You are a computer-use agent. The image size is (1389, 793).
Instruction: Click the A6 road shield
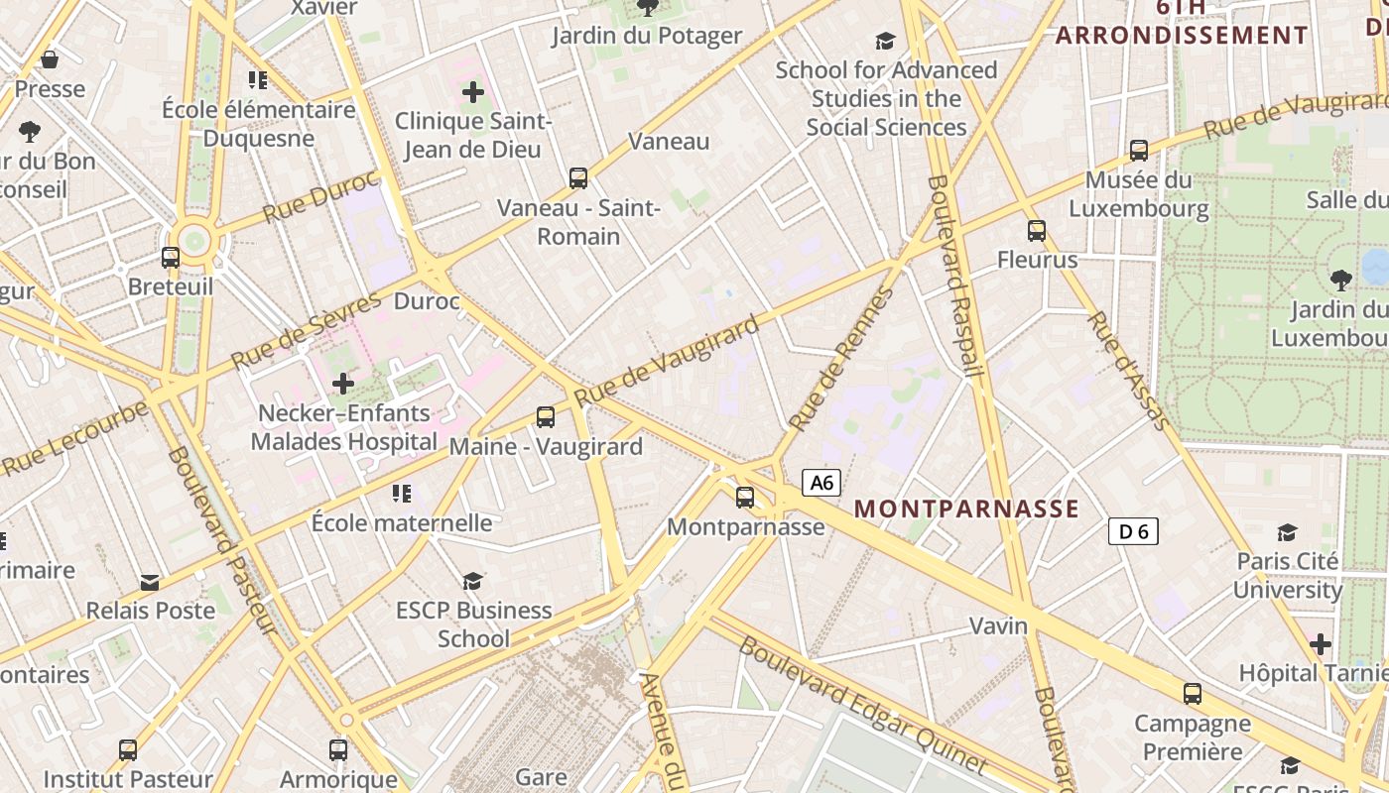[x=821, y=483]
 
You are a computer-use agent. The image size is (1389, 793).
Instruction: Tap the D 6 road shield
[x=1133, y=532]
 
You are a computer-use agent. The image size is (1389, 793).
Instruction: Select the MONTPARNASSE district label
[x=966, y=509]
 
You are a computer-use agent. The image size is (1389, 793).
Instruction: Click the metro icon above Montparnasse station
[x=745, y=498]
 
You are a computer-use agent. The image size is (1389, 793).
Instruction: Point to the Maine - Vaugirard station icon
[x=545, y=417]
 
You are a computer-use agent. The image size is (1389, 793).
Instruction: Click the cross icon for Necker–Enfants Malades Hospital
[x=343, y=383]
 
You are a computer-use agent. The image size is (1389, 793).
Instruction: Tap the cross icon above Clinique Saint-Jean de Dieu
[x=473, y=92]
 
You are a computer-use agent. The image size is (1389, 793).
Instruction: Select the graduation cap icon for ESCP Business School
[x=473, y=581]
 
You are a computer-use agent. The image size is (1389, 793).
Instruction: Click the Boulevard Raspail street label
[x=954, y=277]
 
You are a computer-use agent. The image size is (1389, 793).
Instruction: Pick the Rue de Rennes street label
[x=841, y=359]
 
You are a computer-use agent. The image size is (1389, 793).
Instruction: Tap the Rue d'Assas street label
[x=1129, y=371]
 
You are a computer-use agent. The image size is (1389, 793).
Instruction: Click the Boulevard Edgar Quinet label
[x=862, y=705]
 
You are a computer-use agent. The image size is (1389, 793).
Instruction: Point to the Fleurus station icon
[x=1037, y=231]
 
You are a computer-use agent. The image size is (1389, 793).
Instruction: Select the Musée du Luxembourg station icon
[x=1139, y=151]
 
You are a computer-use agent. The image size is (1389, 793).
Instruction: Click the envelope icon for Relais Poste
[x=150, y=582]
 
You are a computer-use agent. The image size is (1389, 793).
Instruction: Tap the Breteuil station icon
[x=171, y=258]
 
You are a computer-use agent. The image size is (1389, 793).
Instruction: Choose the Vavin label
[x=998, y=625]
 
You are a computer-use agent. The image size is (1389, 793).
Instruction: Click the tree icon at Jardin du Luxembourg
[x=1341, y=281]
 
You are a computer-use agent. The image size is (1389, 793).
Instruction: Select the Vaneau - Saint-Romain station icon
[x=578, y=178]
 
